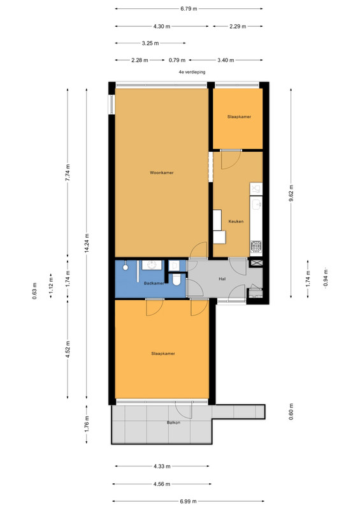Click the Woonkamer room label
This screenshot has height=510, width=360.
click(x=162, y=173)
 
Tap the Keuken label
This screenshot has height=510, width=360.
click(x=236, y=221)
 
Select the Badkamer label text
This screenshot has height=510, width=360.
click(x=154, y=283)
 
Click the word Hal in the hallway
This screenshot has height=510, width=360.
click(x=222, y=279)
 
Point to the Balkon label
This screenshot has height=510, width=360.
click(x=173, y=423)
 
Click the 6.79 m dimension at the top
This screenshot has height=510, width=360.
click(x=189, y=9)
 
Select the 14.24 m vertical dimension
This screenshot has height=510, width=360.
click(x=87, y=243)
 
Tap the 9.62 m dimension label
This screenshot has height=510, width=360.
click(x=291, y=193)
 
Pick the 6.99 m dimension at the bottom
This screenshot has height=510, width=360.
click(x=189, y=501)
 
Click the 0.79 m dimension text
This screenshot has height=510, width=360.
click(x=177, y=60)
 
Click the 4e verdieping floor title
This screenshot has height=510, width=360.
click(x=192, y=72)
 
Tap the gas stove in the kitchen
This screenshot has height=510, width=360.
click(x=256, y=246)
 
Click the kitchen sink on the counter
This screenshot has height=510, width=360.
click(x=256, y=204)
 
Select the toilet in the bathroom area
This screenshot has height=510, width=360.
click(x=176, y=279)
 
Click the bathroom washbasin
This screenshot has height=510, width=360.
click(x=152, y=265)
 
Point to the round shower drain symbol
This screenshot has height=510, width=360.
click(x=125, y=267)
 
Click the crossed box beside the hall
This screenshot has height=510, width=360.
click(x=256, y=263)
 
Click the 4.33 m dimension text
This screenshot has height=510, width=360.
click(x=162, y=467)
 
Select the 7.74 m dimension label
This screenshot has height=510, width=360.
click(x=68, y=173)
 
